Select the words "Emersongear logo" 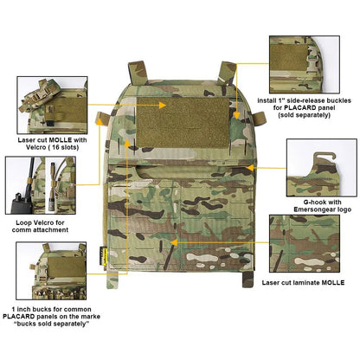point(312,208)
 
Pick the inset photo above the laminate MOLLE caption point(309,245)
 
